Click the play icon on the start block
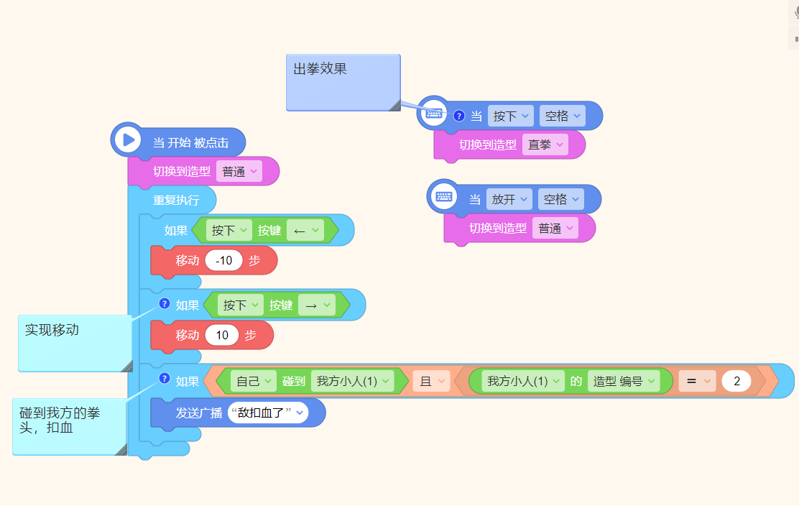pyautogui.click(x=129, y=139)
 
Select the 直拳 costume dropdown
pyautogui.click(x=545, y=144)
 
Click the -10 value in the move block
pyautogui.click(x=223, y=260)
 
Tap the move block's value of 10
pyautogui.click(x=222, y=335)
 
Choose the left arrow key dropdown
pyautogui.click(x=305, y=230)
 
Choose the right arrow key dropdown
pyautogui.click(x=317, y=305)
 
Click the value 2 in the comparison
pyautogui.click(x=736, y=381)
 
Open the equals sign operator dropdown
pyautogui.click(x=697, y=381)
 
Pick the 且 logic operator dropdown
pyautogui.click(x=431, y=381)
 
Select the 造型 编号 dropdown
pyautogui.click(x=624, y=381)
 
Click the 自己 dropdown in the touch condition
pyautogui.click(x=253, y=381)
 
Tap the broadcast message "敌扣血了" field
pyautogui.click(x=268, y=413)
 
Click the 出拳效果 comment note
pyautogui.click(x=343, y=82)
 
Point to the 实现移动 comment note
pyautogui.click(x=75, y=344)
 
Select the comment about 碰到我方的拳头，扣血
pyautogui.click(x=70, y=427)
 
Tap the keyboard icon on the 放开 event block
pyautogui.click(x=444, y=196)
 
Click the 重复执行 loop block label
pyautogui.click(x=176, y=201)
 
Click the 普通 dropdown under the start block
pyautogui.click(x=239, y=172)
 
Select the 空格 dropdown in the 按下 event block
pyautogui.click(x=562, y=116)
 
